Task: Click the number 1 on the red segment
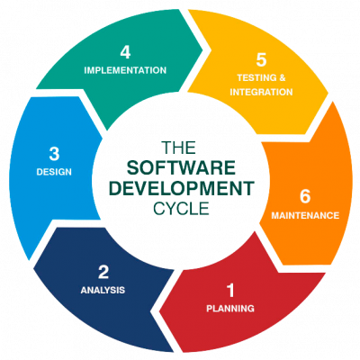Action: [x=230, y=290]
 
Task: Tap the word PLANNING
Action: [x=230, y=308]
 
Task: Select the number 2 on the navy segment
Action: [x=103, y=272]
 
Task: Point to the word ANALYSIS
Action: [x=103, y=290]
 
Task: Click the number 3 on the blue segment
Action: [x=54, y=154]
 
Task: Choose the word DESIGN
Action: [x=54, y=172]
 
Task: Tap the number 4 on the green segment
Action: [x=125, y=52]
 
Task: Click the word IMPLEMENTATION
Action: [x=125, y=70]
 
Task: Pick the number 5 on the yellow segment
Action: [x=261, y=59]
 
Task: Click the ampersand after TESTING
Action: [x=282, y=77]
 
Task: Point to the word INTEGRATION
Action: [x=261, y=92]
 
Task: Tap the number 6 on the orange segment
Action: [x=305, y=196]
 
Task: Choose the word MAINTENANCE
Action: [x=305, y=215]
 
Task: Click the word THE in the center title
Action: [x=178, y=148]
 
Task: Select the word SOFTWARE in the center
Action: [x=181, y=167]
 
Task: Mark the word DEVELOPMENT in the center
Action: [x=182, y=188]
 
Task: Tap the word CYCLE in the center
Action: [x=181, y=208]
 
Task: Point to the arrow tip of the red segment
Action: [x=158, y=312]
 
